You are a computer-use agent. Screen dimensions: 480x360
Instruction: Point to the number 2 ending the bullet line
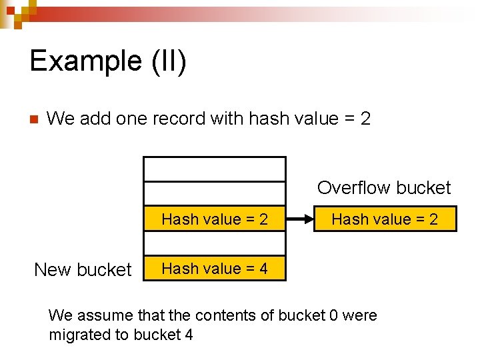365,119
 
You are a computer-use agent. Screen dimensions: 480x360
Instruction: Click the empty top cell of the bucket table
215,169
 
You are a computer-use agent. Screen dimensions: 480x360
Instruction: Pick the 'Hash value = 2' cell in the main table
215,219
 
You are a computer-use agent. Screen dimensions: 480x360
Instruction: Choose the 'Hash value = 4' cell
215,269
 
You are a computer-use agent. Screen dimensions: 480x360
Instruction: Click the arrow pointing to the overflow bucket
299,219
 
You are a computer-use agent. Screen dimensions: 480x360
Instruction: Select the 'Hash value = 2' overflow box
385,219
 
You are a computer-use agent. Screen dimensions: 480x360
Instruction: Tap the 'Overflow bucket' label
384,188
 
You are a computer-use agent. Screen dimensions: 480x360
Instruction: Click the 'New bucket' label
83,269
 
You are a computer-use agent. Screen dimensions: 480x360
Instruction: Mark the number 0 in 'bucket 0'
333,315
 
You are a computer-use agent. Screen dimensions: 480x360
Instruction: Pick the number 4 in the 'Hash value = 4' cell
263,269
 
